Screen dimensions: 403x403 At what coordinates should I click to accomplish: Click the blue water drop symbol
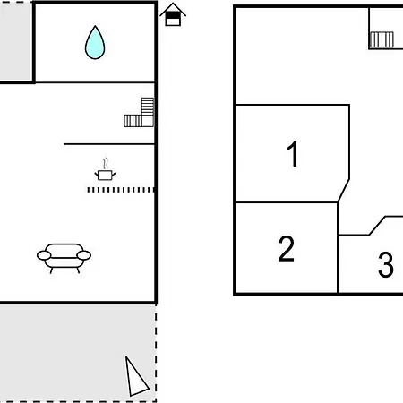(x=95, y=43)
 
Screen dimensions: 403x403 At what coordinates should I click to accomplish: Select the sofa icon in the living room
(x=64, y=258)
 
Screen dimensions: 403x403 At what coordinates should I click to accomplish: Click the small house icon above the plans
(x=173, y=14)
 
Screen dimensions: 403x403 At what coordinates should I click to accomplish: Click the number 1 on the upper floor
(x=293, y=154)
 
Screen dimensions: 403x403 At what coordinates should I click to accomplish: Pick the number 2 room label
(x=287, y=249)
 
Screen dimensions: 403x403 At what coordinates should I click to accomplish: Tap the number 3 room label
(x=386, y=264)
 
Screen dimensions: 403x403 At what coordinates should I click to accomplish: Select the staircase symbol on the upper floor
(x=382, y=39)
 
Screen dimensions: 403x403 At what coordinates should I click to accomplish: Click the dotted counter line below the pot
(x=121, y=190)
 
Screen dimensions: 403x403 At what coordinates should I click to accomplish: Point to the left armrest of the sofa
(x=44, y=255)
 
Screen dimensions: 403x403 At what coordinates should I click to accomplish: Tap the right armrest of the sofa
(x=84, y=255)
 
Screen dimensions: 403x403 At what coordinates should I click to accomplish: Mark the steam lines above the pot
(x=105, y=164)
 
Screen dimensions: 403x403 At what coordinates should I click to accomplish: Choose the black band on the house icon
(x=173, y=15)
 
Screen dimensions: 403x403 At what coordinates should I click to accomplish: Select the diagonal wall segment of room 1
(x=343, y=191)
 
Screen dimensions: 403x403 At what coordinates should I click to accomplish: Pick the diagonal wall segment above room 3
(x=377, y=226)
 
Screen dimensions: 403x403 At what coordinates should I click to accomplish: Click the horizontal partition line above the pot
(x=109, y=144)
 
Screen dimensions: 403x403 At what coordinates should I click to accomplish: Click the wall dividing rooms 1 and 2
(x=287, y=202)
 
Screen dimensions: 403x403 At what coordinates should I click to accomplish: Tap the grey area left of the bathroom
(x=16, y=42)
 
